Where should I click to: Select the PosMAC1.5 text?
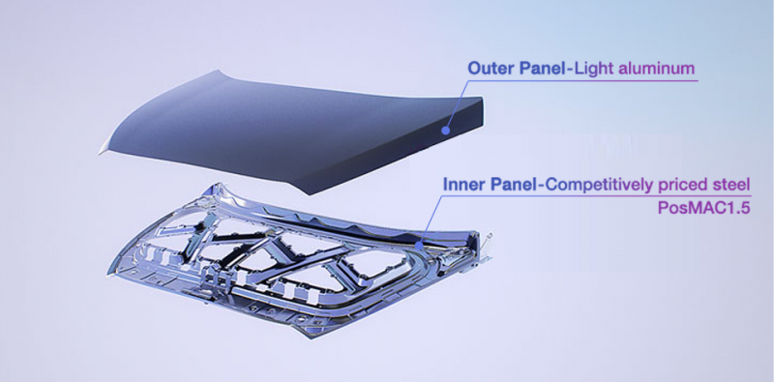pos(716,207)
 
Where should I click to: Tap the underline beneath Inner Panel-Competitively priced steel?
pos(600,196)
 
